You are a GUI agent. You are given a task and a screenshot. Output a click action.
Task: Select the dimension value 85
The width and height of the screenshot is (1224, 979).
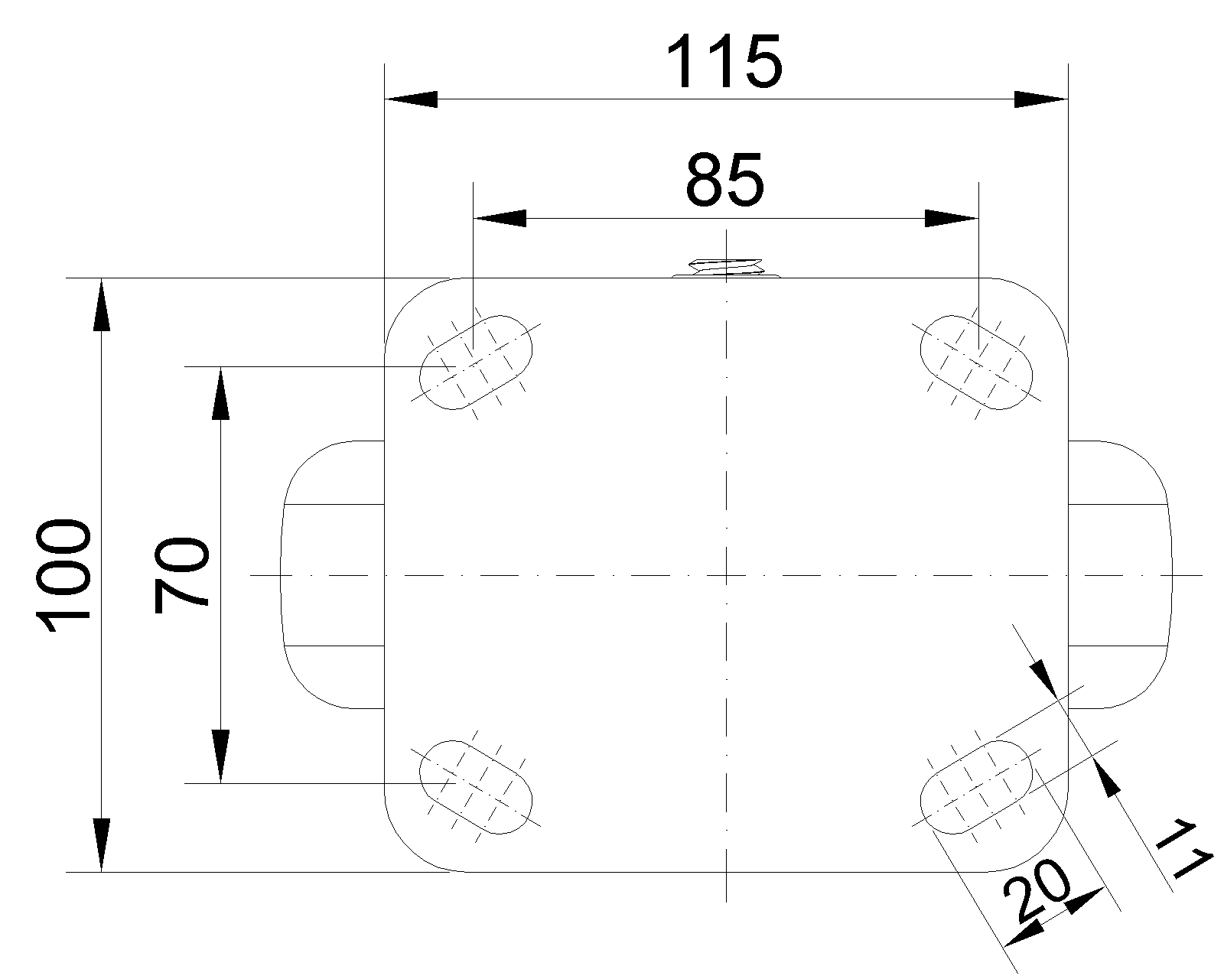(724, 181)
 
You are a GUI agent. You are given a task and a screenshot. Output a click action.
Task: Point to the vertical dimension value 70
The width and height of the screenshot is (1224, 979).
(181, 575)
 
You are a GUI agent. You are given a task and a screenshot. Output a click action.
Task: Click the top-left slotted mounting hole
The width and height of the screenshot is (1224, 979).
(476, 362)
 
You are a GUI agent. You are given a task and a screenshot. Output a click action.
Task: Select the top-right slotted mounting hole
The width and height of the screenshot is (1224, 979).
(976, 362)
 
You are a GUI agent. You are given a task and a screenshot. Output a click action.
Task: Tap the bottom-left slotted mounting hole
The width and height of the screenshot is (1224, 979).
(476, 787)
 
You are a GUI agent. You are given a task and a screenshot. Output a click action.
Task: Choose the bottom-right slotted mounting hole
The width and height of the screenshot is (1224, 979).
(976, 787)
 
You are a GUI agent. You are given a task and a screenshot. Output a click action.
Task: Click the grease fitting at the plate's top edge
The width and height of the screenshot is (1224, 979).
(726, 268)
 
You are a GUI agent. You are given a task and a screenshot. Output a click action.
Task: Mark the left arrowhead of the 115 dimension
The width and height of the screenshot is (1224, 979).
(412, 99)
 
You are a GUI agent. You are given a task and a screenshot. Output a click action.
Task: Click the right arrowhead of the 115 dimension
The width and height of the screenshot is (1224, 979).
(1041, 99)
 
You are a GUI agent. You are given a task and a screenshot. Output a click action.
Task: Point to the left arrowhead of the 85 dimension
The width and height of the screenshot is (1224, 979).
(500, 219)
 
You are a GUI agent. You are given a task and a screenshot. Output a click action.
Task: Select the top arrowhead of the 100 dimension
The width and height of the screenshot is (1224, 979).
(101, 304)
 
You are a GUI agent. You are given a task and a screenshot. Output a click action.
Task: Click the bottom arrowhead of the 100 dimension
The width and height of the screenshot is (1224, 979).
(101, 845)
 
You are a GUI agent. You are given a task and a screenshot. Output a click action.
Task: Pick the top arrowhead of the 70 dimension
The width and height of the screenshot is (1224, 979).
(220, 393)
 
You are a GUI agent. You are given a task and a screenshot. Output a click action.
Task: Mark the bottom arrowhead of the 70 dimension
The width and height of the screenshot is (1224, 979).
(220, 756)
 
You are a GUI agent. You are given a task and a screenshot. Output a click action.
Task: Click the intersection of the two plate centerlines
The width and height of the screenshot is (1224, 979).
(726, 575)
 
